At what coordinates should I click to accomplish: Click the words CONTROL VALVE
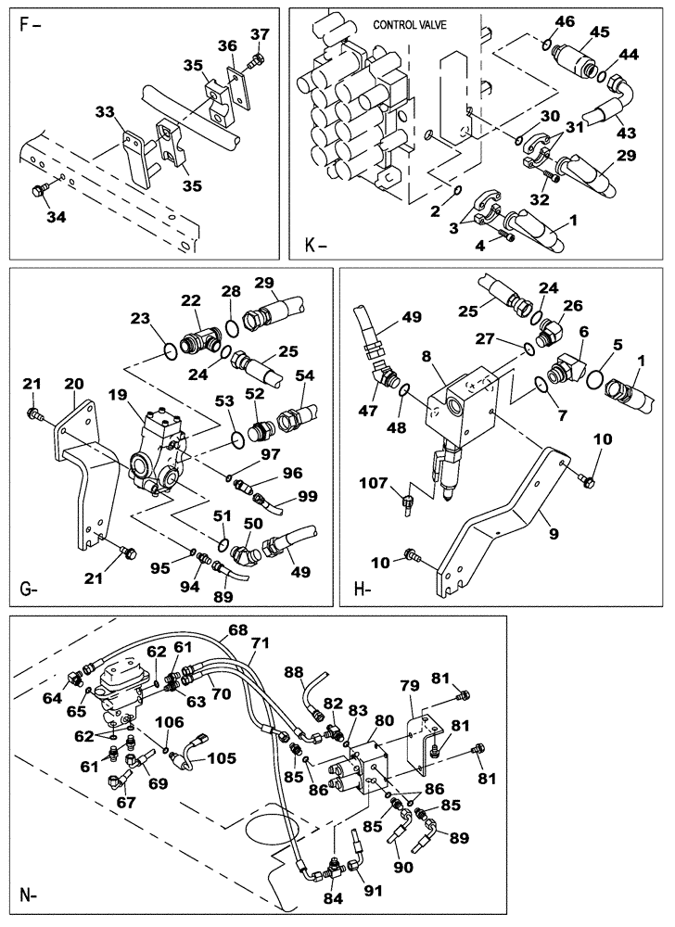click(x=408, y=26)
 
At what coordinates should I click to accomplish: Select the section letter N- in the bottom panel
click(x=30, y=895)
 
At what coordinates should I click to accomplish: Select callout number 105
click(x=222, y=757)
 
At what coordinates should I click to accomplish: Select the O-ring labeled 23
click(x=168, y=349)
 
